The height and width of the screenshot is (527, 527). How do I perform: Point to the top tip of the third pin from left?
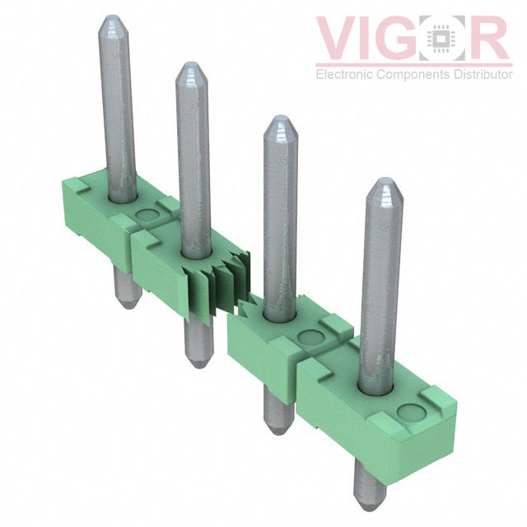(x=279, y=120)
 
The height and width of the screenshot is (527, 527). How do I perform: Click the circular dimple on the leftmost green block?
(x=147, y=217)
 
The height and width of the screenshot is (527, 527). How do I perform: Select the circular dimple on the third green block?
(x=310, y=337)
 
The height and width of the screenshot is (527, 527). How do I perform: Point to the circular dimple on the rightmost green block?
(x=406, y=413)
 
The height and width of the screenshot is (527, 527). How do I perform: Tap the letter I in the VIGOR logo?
(x=375, y=40)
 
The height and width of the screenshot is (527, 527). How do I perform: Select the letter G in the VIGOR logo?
(x=408, y=40)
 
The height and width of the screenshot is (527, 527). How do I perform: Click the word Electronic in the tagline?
(x=343, y=75)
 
